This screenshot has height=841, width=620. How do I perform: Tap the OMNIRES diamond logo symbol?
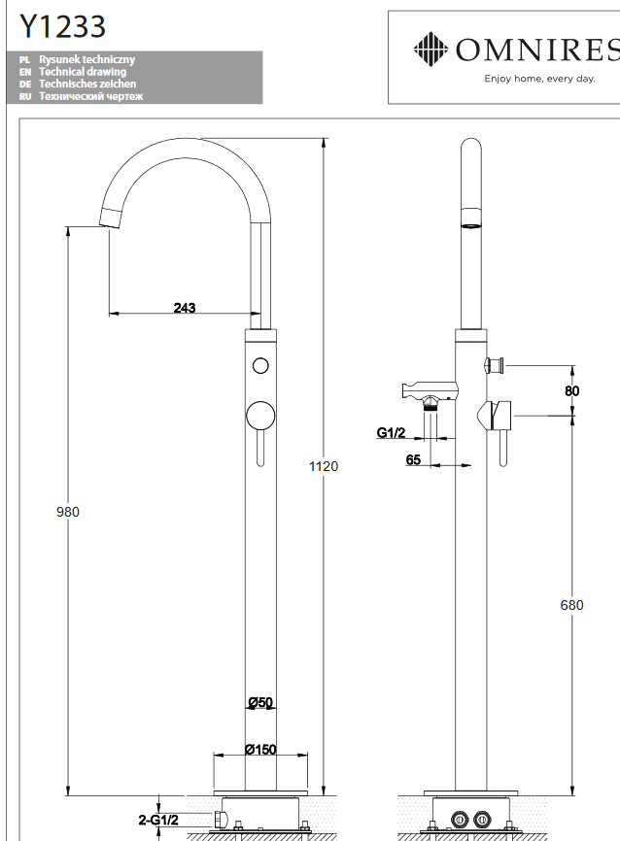pyautogui.click(x=430, y=47)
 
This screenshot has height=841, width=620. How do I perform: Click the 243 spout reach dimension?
pyautogui.click(x=185, y=308)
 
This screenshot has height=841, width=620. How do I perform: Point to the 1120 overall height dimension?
pyautogui.click(x=324, y=466)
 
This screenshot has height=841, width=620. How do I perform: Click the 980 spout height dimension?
pyautogui.click(x=67, y=512)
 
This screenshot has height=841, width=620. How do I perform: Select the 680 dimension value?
pyautogui.click(x=572, y=605)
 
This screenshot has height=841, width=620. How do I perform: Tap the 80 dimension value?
pyautogui.click(x=572, y=390)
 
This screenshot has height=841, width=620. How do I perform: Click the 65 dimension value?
pyautogui.click(x=414, y=459)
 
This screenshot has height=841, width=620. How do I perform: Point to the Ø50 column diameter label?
pyautogui.click(x=258, y=702)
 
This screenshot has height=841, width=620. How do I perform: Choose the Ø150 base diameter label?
pyautogui.click(x=260, y=749)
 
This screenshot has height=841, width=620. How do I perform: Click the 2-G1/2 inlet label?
pyautogui.click(x=158, y=821)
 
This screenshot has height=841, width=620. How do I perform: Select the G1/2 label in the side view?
pyautogui.click(x=393, y=433)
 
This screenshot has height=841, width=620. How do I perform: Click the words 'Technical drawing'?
pyautogui.click(x=83, y=72)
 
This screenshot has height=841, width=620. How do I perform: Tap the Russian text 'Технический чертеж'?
pyautogui.click(x=91, y=96)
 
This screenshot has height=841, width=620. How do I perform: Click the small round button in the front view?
pyautogui.click(x=259, y=366)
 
